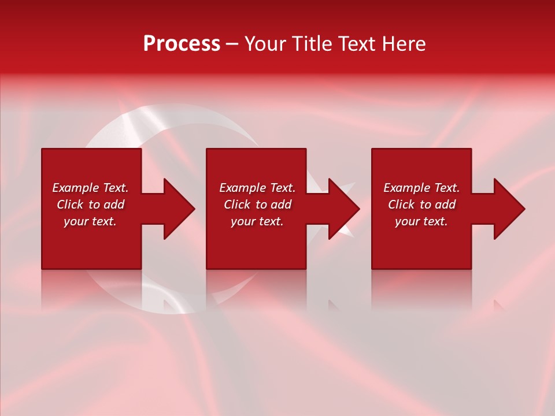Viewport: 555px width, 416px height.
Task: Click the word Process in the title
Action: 182,44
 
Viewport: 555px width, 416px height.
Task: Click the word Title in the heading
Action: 310,44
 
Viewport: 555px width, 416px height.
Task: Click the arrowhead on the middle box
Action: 343,209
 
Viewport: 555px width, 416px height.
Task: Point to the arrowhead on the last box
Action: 509,209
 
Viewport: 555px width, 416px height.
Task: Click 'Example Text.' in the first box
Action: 90,188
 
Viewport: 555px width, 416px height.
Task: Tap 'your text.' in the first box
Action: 90,221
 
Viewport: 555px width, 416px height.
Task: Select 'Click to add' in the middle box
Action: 257,205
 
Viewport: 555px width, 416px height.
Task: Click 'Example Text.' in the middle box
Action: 257,188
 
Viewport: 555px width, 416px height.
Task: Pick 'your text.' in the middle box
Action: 257,221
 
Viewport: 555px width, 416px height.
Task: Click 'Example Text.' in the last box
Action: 421,188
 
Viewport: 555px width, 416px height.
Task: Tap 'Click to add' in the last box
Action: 421,205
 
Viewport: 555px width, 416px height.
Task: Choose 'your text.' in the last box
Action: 421,221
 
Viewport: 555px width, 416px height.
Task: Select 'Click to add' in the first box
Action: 90,205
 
